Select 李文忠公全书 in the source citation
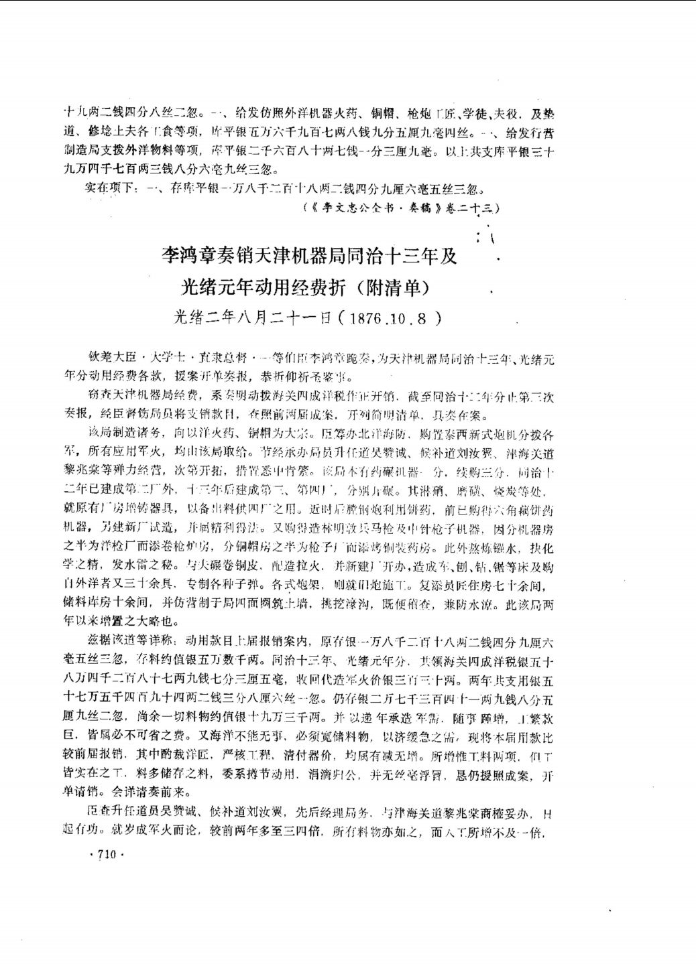(x=361, y=208)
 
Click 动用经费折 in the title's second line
(x=295, y=287)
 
